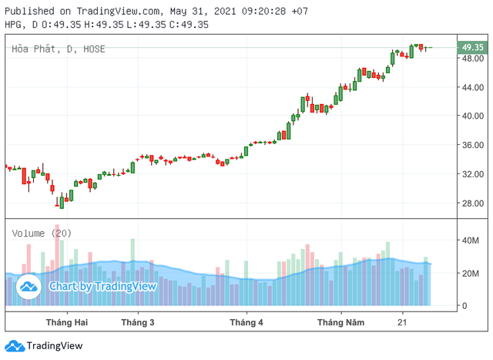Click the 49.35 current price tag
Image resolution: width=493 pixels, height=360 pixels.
472,47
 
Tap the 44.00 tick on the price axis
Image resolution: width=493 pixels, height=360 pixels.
473,87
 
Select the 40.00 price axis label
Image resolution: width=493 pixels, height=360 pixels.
473,116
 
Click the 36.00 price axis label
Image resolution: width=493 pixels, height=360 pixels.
473,145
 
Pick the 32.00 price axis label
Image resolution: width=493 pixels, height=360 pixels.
473,174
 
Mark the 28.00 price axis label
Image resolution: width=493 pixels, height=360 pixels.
473,204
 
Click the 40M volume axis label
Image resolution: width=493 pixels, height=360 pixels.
471,241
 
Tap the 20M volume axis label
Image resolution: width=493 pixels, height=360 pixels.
471,274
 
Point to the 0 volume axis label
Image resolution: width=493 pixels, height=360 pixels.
464,306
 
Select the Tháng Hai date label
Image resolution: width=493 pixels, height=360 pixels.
67,321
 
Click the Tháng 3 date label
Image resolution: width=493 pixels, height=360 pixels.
138,321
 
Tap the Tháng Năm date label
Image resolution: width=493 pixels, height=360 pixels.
340,321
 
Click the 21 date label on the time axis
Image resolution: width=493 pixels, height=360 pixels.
401,321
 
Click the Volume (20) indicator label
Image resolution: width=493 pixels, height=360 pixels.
40,233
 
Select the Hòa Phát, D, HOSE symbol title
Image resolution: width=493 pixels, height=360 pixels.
58,49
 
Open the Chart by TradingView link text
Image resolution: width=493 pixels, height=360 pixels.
102,286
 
